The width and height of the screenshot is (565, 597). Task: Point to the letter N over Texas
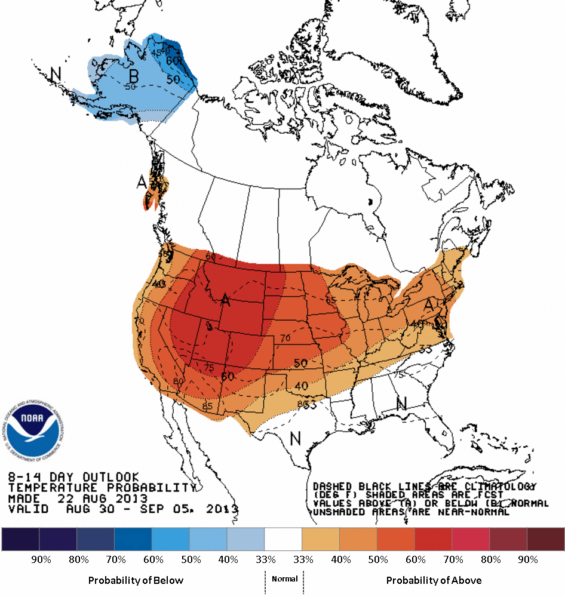[x=295, y=438]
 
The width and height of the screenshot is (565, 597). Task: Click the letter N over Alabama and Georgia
[x=401, y=404]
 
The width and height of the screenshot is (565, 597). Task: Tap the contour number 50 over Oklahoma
[x=300, y=363]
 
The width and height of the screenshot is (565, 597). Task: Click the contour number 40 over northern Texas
[x=302, y=386]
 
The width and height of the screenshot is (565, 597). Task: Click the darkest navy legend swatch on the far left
[x=20, y=539]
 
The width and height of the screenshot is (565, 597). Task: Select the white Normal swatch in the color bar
[x=283, y=539]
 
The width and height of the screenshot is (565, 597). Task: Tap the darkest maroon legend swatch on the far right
[x=545, y=539]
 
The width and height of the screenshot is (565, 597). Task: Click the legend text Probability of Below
[x=136, y=580]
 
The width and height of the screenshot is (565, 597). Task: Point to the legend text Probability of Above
[x=434, y=580]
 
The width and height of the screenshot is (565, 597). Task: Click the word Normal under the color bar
[x=284, y=579]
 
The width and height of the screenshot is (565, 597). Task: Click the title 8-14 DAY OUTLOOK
[x=73, y=477]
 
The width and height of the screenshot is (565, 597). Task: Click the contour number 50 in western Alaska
[x=131, y=87]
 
